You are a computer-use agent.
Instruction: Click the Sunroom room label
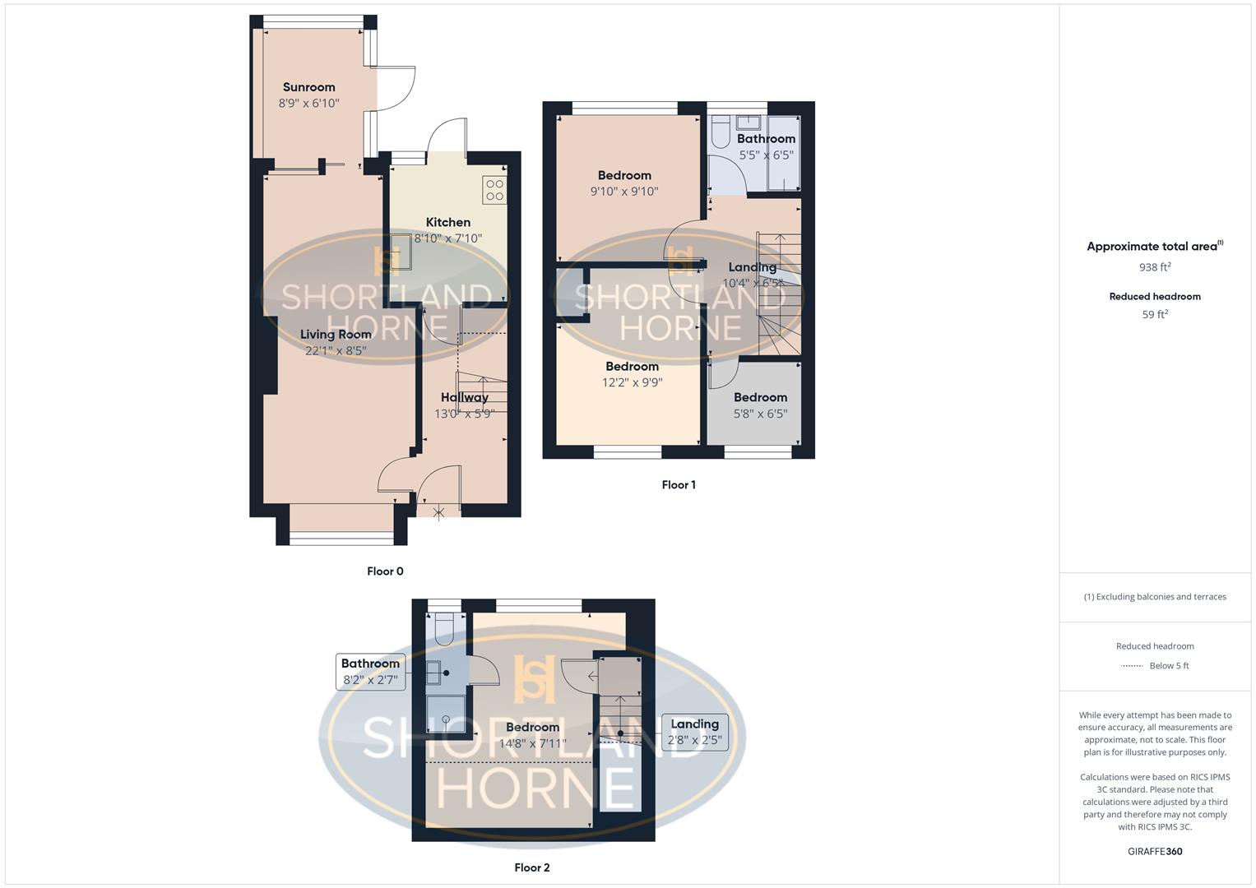pos(308,87)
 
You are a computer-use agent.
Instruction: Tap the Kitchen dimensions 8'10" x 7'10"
pos(447,238)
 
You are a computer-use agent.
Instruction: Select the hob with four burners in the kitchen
pos(494,190)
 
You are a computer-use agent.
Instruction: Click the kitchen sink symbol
pos(401,252)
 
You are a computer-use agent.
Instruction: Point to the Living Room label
pos(335,335)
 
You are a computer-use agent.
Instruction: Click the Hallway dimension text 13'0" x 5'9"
pos(464,414)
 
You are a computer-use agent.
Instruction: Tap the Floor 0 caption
pos(385,571)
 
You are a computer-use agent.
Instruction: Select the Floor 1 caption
pos(679,485)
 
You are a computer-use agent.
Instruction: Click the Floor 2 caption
pos(531,867)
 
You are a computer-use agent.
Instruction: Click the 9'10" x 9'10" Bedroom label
pos(624,175)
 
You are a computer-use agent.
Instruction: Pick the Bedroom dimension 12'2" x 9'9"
pos(632,382)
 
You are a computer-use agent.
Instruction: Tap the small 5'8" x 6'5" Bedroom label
pos(760,398)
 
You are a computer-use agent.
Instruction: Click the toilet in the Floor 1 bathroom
pos(721,132)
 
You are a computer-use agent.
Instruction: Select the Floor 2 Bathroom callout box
pos(371,672)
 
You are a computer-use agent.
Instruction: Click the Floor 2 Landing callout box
pos(694,732)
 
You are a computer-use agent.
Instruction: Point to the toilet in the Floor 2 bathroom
pos(443,628)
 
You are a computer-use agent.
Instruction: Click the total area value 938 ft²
pos(1155,267)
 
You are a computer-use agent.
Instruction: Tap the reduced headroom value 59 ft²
pos(1155,314)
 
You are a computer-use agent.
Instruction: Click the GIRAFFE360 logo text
pos(1155,851)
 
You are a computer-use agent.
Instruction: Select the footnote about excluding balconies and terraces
pos(1155,597)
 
